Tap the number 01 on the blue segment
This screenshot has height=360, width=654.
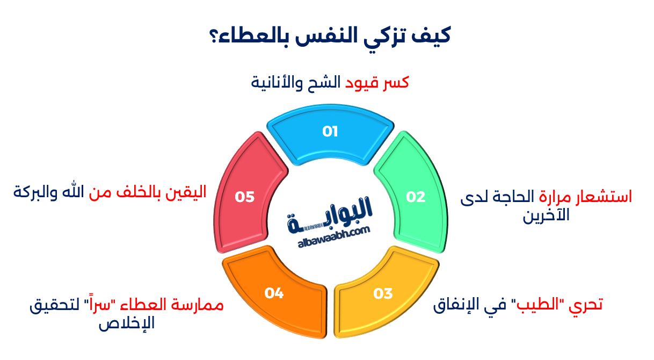click(330, 132)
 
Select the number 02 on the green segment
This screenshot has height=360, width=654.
click(415, 197)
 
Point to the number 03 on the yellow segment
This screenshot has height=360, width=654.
click(383, 293)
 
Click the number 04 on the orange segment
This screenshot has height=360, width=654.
click(274, 293)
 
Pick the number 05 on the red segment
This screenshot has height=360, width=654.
click(244, 197)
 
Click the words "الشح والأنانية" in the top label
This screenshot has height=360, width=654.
click(296, 83)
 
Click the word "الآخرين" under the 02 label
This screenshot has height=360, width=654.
click(546, 216)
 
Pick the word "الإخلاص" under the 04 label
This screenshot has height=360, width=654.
click(126, 324)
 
